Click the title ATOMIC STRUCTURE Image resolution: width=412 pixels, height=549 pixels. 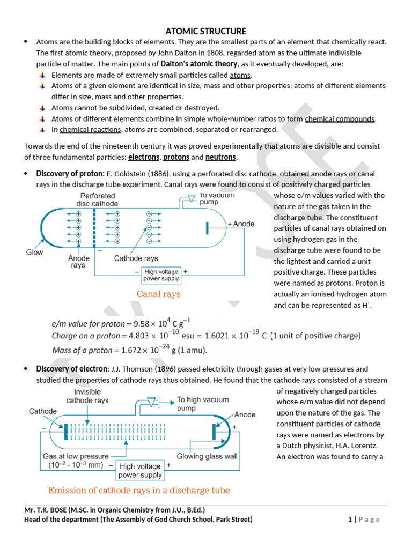pyautogui.click(x=206, y=31)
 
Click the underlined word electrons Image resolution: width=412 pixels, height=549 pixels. pyautogui.click(x=144, y=157)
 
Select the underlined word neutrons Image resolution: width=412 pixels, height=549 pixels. pyautogui.click(x=220, y=157)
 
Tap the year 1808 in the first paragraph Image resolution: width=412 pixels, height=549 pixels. pyautogui.click(x=210, y=53)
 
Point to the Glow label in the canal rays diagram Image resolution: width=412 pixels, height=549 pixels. pyautogui.click(x=34, y=252)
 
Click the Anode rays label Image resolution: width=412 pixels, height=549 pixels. pyautogui.click(x=78, y=262)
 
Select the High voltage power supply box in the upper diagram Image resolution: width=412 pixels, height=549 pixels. pyautogui.click(x=161, y=275)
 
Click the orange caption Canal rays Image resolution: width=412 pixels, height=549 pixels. pyautogui.click(x=158, y=294)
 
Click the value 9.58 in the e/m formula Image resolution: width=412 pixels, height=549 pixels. pyautogui.click(x=137, y=324)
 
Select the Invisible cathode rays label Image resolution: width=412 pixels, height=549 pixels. pyautogui.click(x=87, y=396)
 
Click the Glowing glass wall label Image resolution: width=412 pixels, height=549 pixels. pyautogui.click(x=207, y=456)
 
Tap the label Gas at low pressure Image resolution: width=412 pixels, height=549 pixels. pyautogui.click(x=76, y=456)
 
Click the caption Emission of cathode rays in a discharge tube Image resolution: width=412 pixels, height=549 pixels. pyautogui.click(x=139, y=490)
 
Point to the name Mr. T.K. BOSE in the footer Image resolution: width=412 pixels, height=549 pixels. pyautogui.click(x=51, y=510)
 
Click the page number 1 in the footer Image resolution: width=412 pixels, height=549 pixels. pyautogui.click(x=349, y=520)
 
